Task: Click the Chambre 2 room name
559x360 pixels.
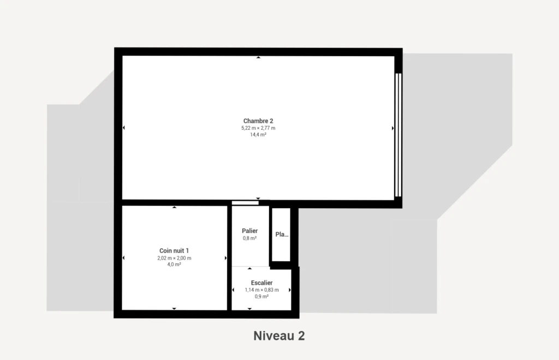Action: [x=258, y=121]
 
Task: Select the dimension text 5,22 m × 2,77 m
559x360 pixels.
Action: [x=258, y=128]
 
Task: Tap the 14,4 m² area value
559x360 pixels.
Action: [x=258, y=135]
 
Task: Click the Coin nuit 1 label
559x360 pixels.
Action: [x=174, y=251]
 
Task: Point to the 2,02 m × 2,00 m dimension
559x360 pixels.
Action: [x=174, y=258]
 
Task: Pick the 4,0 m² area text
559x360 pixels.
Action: [x=174, y=265]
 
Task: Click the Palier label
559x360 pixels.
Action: [x=249, y=231]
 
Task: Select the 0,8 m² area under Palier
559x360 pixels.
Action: [x=249, y=238]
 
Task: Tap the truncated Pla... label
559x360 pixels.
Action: [x=282, y=235]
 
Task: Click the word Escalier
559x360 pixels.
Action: [x=261, y=283]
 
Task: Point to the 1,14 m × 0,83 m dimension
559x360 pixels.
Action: [x=261, y=290]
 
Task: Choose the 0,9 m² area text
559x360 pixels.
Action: [x=261, y=296]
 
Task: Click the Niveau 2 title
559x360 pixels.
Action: [x=279, y=336]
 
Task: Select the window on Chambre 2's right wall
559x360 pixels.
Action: [x=398, y=135]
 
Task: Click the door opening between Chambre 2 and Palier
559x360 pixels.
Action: [x=245, y=203]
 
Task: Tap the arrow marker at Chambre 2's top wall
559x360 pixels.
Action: [x=258, y=57]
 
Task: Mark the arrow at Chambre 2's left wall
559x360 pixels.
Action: [x=124, y=128]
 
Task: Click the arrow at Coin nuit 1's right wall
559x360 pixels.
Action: [x=225, y=258]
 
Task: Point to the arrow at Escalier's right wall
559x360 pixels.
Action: [x=289, y=290]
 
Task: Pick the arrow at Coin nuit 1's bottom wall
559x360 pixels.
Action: [x=174, y=308]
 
